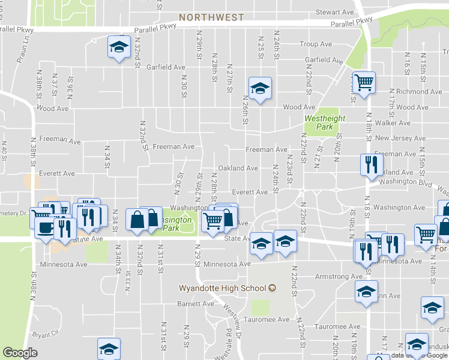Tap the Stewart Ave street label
[336, 12]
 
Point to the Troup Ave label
[316, 44]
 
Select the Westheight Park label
[325, 123]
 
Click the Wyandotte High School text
[222, 288]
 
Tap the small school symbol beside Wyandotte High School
[272, 288]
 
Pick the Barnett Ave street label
[196, 304]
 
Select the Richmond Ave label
[419, 92]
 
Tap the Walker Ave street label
[392, 123]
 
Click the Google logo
[20, 353]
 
